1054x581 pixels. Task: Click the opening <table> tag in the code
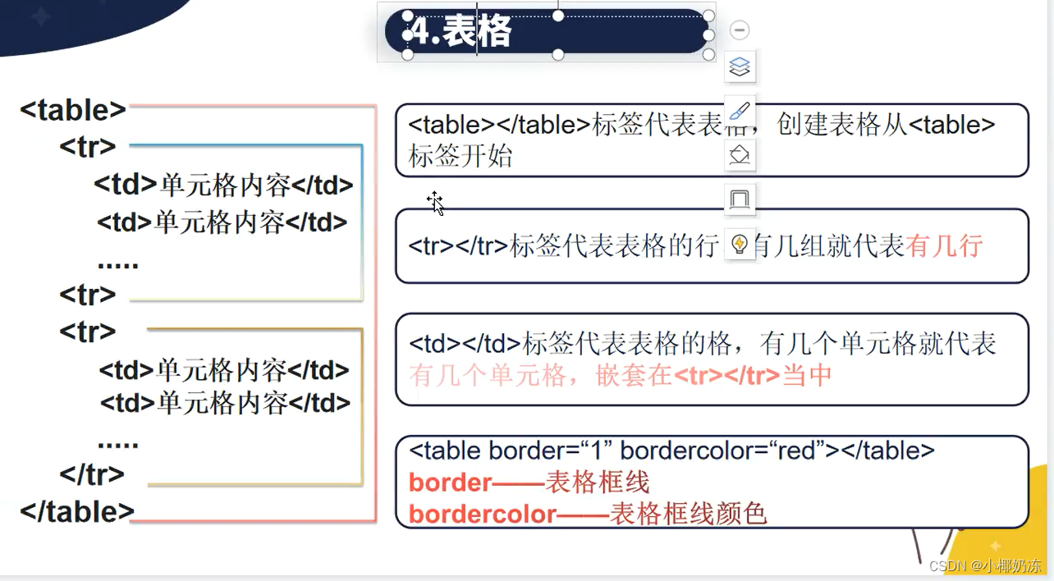(x=73, y=110)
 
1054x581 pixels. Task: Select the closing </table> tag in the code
(x=77, y=511)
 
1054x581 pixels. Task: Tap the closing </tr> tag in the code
(x=92, y=473)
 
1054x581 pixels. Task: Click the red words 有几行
(x=944, y=245)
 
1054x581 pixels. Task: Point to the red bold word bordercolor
(x=483, y=514)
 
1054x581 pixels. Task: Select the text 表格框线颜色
(x=688, y=514)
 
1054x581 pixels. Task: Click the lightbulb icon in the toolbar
(x=740, y=244)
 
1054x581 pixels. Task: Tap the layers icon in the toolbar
(x=740, y=66)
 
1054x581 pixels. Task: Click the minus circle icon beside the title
(x=740, y=30)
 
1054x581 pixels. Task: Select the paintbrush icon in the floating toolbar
(x=740, y=111)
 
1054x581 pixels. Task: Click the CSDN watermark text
(x=985, y=565)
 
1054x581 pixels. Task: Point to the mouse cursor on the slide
(x=435, y=202)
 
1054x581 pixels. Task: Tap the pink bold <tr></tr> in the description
(x=726, y=376)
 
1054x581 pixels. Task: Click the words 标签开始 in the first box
(x=461, y=156)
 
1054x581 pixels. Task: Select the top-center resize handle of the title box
(x=558, y=15)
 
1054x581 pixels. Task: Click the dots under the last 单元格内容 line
(x=117, y=444)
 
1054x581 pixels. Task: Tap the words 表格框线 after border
(x=598, y=482)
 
